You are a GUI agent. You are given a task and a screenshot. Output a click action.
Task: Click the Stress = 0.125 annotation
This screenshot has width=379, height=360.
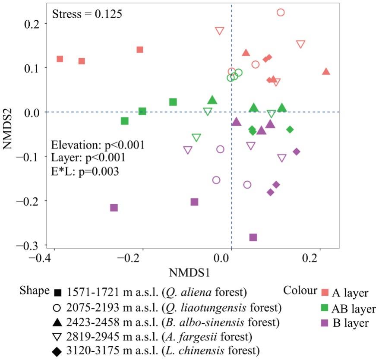click(x=87, y=14)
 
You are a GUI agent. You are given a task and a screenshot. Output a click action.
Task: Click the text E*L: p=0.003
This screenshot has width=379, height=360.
click(x=85, y=171)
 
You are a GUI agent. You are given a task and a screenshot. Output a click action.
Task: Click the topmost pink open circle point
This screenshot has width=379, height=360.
click(x=281, y=13)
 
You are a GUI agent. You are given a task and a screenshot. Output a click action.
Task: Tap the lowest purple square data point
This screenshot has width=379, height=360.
click(x=253, y=237)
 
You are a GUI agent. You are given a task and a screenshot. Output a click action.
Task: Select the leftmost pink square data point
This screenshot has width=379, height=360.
click(x=60, y=59)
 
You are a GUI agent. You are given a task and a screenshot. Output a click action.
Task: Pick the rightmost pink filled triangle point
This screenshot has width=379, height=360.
click(x=326, y=71)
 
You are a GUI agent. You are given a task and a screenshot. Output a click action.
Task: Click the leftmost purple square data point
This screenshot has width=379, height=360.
click(x=114, y=208)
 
